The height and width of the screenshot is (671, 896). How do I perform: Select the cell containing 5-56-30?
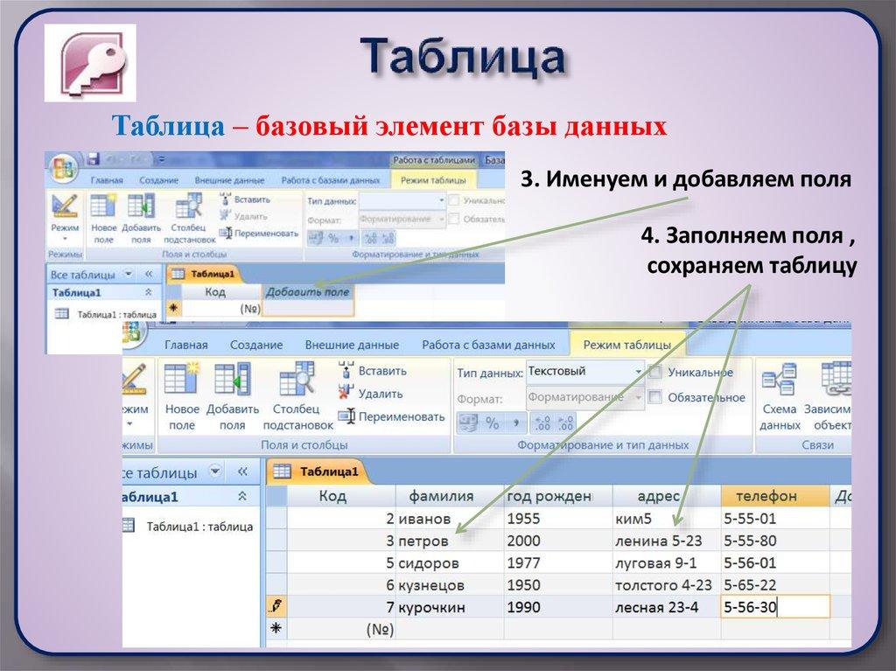[x=750, y=607]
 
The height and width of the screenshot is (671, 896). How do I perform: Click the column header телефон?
[x=766, y=496]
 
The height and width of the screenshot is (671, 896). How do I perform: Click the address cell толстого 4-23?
[x=663, y=584]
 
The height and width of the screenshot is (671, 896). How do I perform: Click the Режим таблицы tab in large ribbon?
[x=627, y=345]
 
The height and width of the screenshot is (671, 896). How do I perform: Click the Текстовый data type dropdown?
[x=584, y=371]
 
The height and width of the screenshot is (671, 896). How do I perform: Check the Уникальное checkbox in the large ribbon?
[x=654, y=373]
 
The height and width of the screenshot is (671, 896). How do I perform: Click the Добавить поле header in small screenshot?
[x=307, y=292]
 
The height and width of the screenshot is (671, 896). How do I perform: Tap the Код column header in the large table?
[x=332, y=496]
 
